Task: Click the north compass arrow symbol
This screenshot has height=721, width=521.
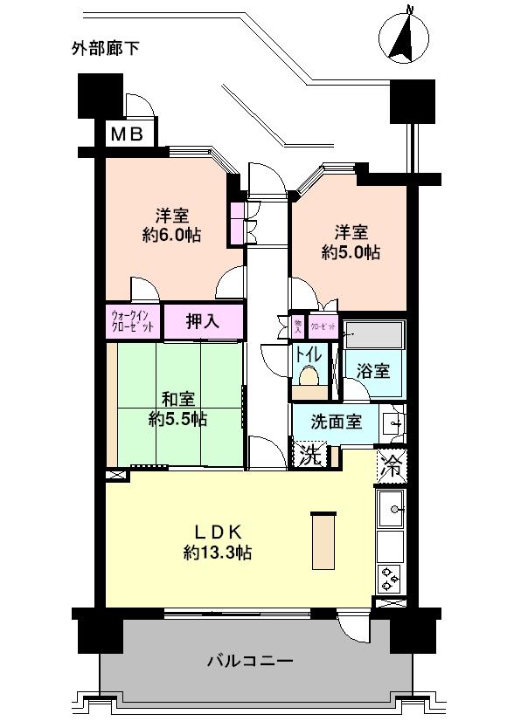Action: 405,37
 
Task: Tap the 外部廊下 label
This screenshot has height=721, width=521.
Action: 106,49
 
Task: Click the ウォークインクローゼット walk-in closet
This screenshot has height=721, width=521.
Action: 134,321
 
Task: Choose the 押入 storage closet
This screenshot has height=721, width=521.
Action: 203,321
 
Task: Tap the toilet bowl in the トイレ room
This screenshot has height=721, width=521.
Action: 308,377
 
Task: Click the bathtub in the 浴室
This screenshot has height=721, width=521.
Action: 373,335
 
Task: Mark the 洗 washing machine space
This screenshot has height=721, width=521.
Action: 308,454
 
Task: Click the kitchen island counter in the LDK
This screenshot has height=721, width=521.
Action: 323,541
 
